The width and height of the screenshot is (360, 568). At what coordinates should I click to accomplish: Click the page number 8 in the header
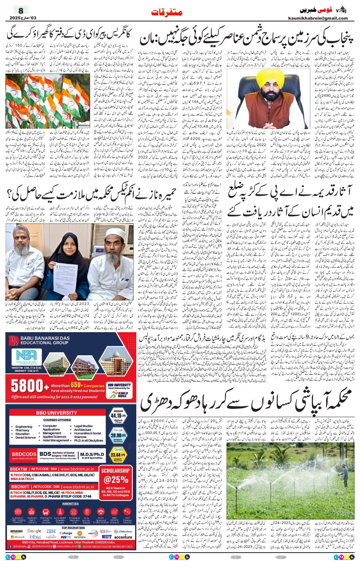point(21,10)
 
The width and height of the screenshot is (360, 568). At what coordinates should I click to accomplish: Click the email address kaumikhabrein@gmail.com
point(318,18)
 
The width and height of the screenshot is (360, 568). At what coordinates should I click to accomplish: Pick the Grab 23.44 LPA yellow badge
point(118,454)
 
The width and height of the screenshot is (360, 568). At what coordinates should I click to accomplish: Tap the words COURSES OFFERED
point(57,420)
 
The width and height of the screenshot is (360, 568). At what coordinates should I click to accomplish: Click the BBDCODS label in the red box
point(24,454)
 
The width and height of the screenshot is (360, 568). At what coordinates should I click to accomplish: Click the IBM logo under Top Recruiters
point(51,531)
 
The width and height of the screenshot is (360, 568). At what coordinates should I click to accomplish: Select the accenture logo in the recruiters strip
point(123,537)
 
